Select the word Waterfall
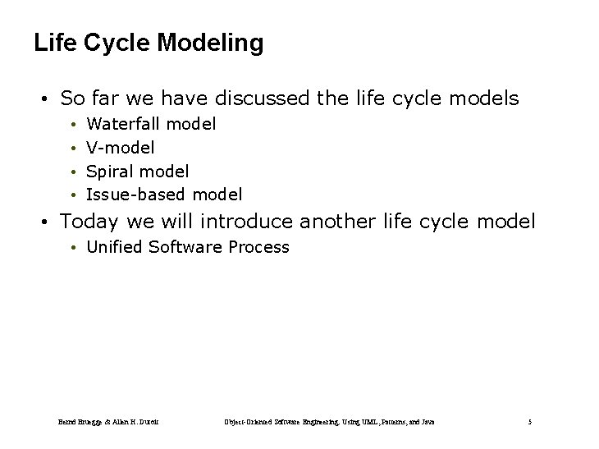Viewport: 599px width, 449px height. tap(124, 124)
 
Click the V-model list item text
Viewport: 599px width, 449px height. tap(121, 148)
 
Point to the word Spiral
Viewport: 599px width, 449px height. tap(111, 172)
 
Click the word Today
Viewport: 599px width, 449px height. tap(89, 222)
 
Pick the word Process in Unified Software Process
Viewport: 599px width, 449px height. tap(258, 247)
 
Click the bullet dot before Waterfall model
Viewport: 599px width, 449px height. tap(73, 125)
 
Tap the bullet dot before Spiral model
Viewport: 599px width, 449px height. tap(73, 172)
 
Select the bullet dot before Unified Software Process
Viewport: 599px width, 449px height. tap(73, 248)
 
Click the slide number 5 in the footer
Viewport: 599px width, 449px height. tap(530, 422)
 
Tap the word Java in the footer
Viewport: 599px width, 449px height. tap(427, 422)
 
